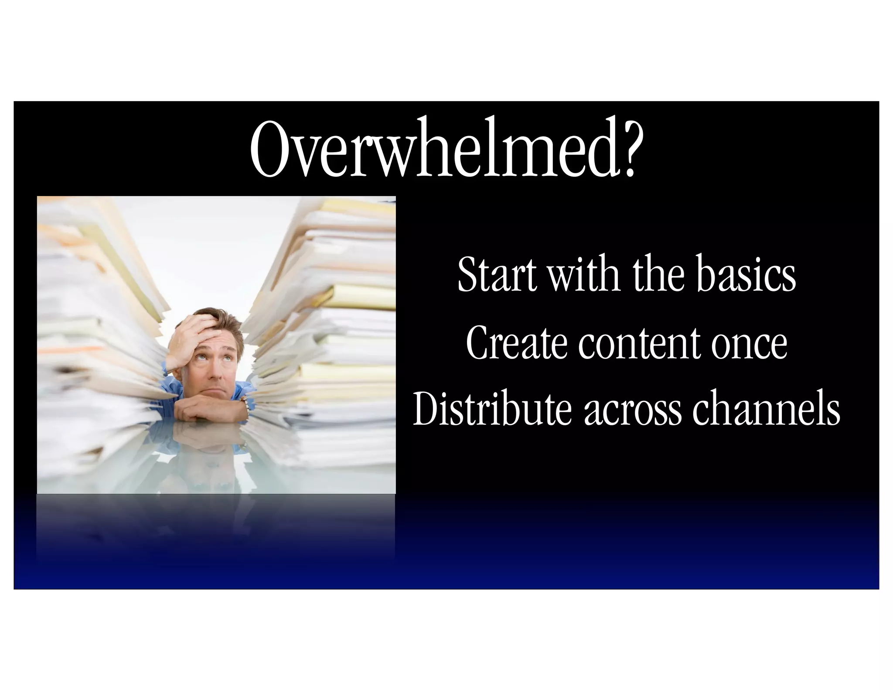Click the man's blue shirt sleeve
click(x=172, y=384)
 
